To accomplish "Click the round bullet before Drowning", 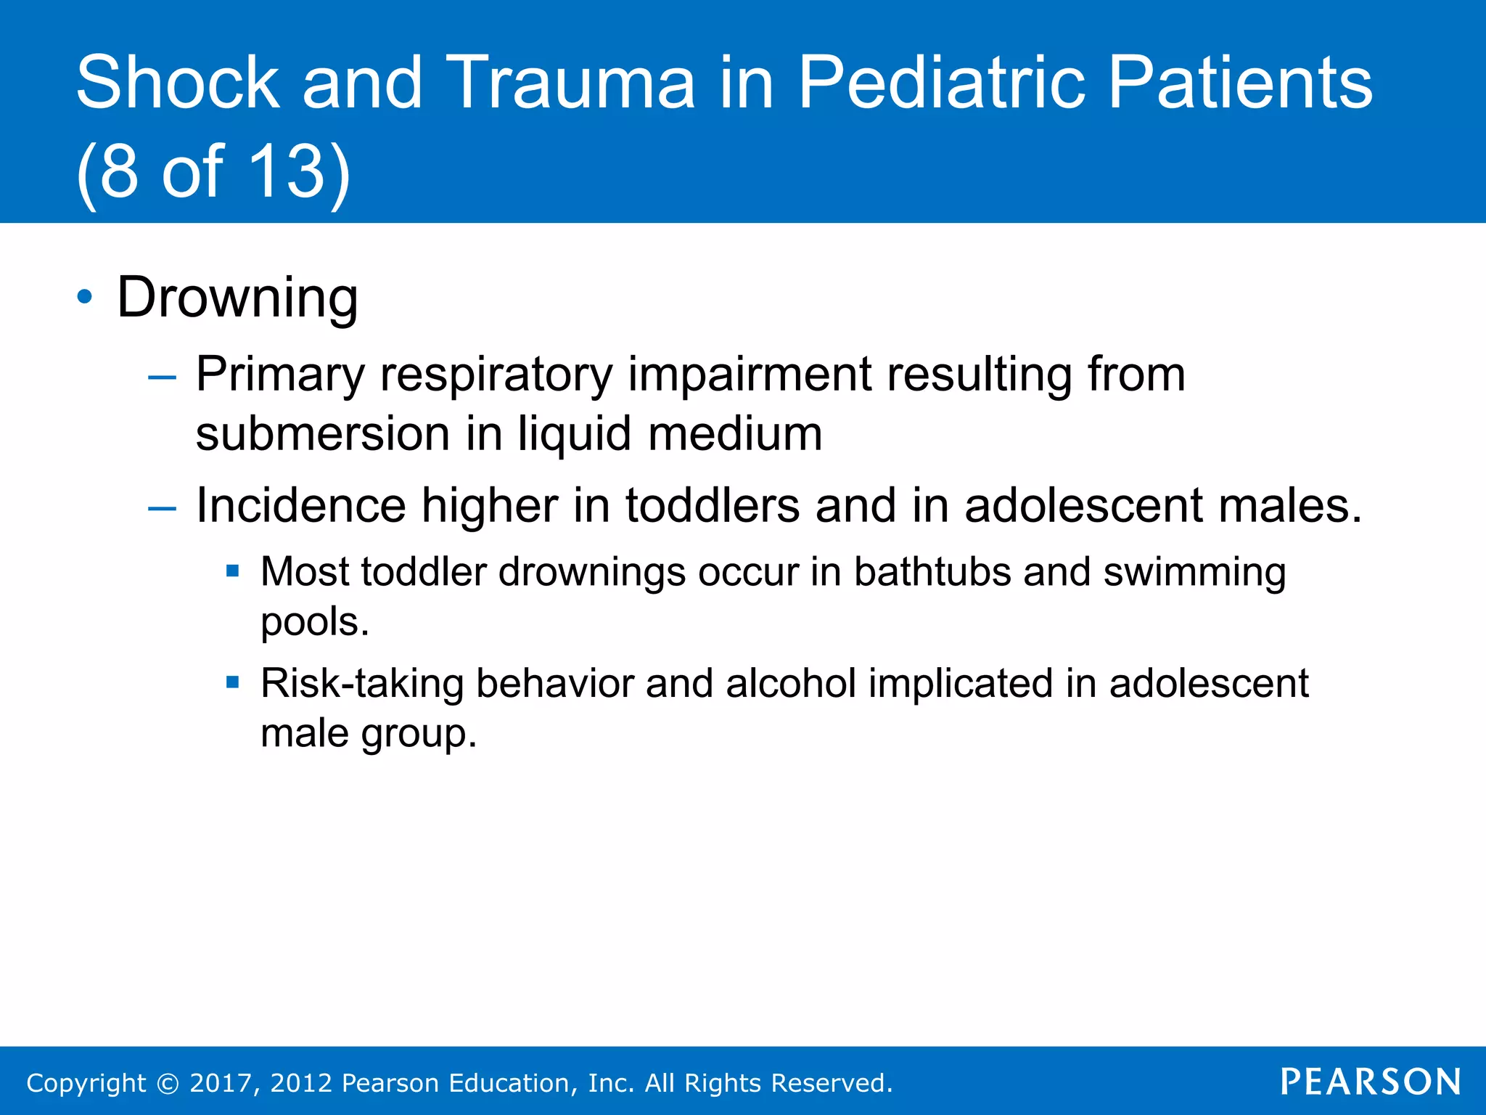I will click(85, 297).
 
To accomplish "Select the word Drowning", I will click(237, 298).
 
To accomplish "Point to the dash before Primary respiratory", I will click(161, 377).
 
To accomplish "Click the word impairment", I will click(749, 375).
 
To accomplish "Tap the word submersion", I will click(323, 434).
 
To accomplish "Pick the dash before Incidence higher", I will click(161, 508).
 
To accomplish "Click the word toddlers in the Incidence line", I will click(713, 505).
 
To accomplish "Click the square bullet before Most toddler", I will click(232, 571).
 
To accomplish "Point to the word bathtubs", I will click(932, 572).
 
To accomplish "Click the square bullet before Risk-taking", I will click(232, 682).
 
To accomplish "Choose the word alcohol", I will click(791, 684).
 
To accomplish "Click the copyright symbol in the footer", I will click(168, 1084).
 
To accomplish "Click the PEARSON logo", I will click(1371, 1082).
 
